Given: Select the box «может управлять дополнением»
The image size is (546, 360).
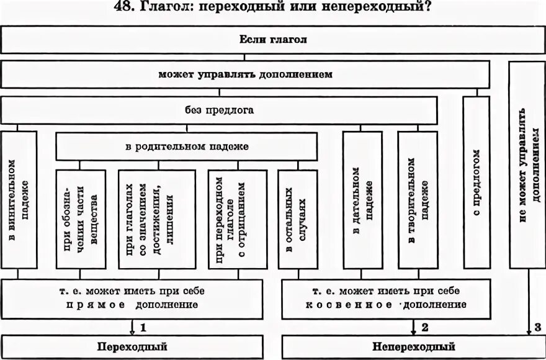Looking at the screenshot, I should [245, 74].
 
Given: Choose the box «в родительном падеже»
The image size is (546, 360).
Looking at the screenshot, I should [187, 147].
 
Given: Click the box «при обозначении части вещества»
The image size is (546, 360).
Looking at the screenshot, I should [81, 219].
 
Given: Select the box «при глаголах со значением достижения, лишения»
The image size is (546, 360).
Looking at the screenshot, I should [157, 219].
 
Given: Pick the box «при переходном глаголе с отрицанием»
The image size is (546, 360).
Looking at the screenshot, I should [237, 219].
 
